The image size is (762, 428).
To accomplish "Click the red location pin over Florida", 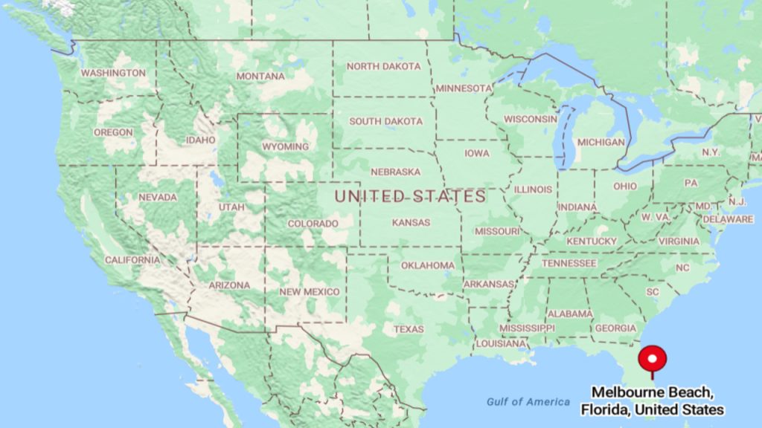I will coord(653,359).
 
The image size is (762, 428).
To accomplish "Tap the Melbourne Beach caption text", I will coord(652,401).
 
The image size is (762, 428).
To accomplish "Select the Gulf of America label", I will coord(528,401).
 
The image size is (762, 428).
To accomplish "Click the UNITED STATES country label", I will coord(410,197).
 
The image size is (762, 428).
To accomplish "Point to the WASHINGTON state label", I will coord(113,73).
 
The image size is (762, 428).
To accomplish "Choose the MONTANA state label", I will coord(260,76).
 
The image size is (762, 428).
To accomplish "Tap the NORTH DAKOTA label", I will coord(383,66).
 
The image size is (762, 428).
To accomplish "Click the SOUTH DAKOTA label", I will coord(385,121).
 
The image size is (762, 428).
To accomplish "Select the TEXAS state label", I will coord(409,329).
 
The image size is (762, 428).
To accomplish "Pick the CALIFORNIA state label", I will coord(132,260).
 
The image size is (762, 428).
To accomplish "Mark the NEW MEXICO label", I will coord(310,292).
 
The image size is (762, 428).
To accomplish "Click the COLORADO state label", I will coord(313,223).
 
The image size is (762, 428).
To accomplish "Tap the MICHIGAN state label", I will coord(601,142).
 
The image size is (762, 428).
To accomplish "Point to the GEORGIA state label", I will coord(615,328).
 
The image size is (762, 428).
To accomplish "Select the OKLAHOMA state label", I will coord(428,265).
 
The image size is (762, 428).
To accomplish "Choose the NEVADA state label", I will coord(157,197).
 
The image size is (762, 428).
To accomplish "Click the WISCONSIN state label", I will coord(530,119).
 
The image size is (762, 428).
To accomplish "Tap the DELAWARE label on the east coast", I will coord(727,219).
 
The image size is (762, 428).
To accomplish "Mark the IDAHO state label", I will coord(201,140).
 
